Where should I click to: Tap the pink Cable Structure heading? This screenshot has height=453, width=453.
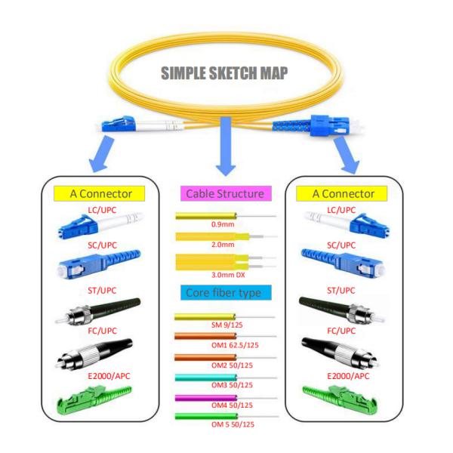pos(225,193)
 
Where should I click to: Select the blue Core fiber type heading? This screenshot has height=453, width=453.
pos(225,292)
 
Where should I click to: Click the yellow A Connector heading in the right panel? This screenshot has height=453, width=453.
pos(344,193)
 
